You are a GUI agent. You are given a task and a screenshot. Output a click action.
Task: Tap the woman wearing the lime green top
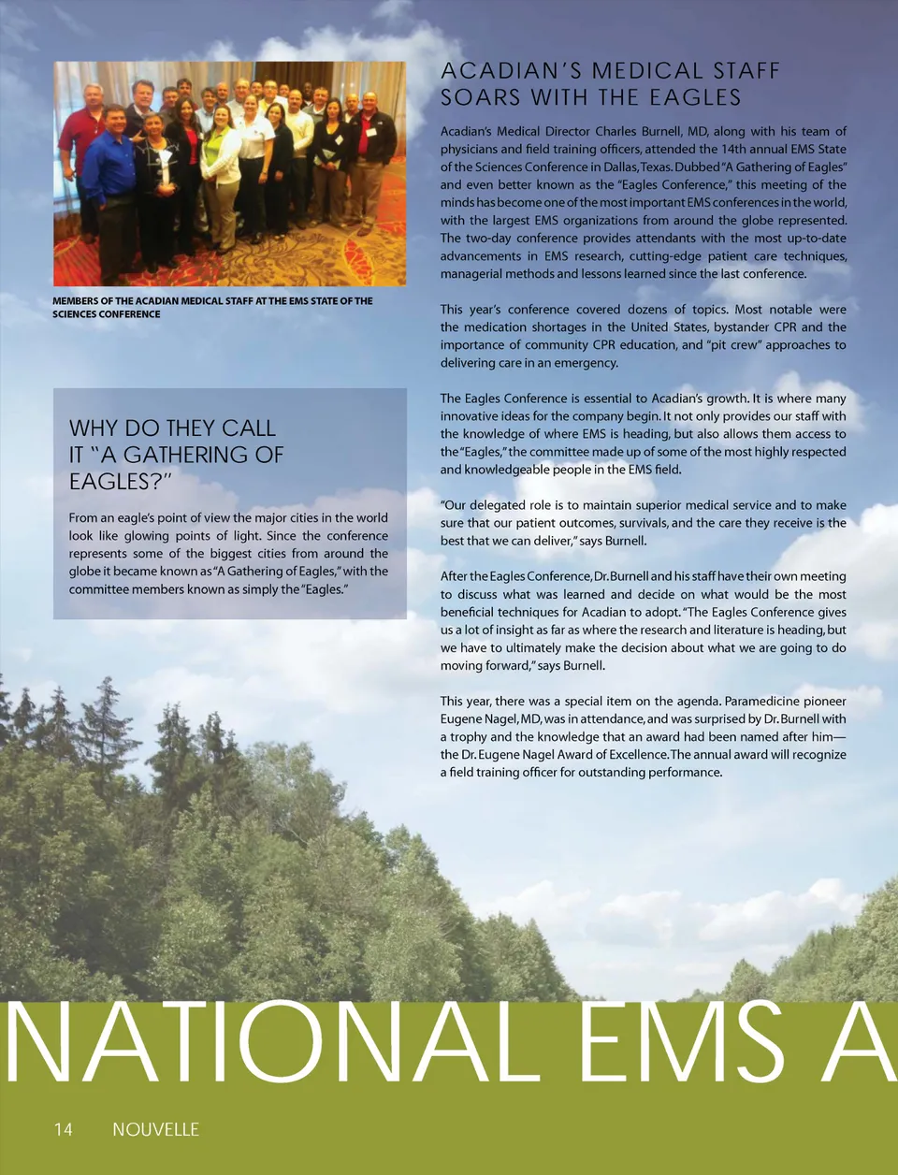[x=221, y=168]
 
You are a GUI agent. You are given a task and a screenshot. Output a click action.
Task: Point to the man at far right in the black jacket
[x=370, y=150]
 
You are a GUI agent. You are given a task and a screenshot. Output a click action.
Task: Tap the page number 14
[x=63, y=1129]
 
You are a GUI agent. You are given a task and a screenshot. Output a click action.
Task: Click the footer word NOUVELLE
[x=155, y=1129]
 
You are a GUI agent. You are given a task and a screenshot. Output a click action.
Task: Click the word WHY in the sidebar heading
[x=94, y=428]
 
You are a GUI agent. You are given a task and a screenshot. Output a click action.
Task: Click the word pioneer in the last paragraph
[x=826, y=702]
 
